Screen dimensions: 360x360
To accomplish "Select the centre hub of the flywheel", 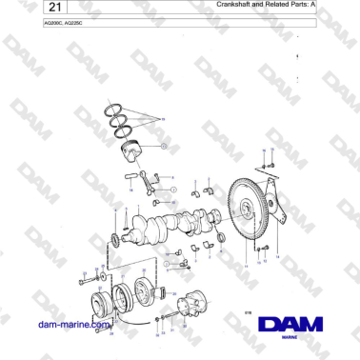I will click(250, 218).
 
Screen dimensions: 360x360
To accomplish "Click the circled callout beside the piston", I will click(163, 146).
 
